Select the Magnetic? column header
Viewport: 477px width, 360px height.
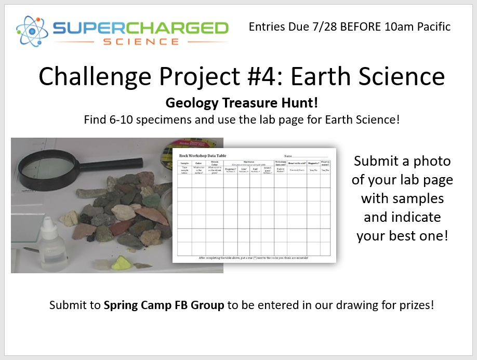(x=313, y=162)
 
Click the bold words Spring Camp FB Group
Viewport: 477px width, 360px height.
(x=164, y=305)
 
